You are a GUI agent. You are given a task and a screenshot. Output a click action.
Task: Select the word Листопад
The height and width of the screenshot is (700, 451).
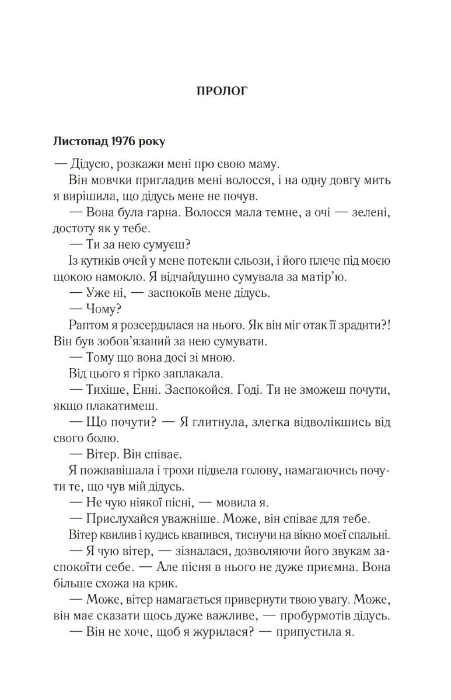(78, 141)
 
